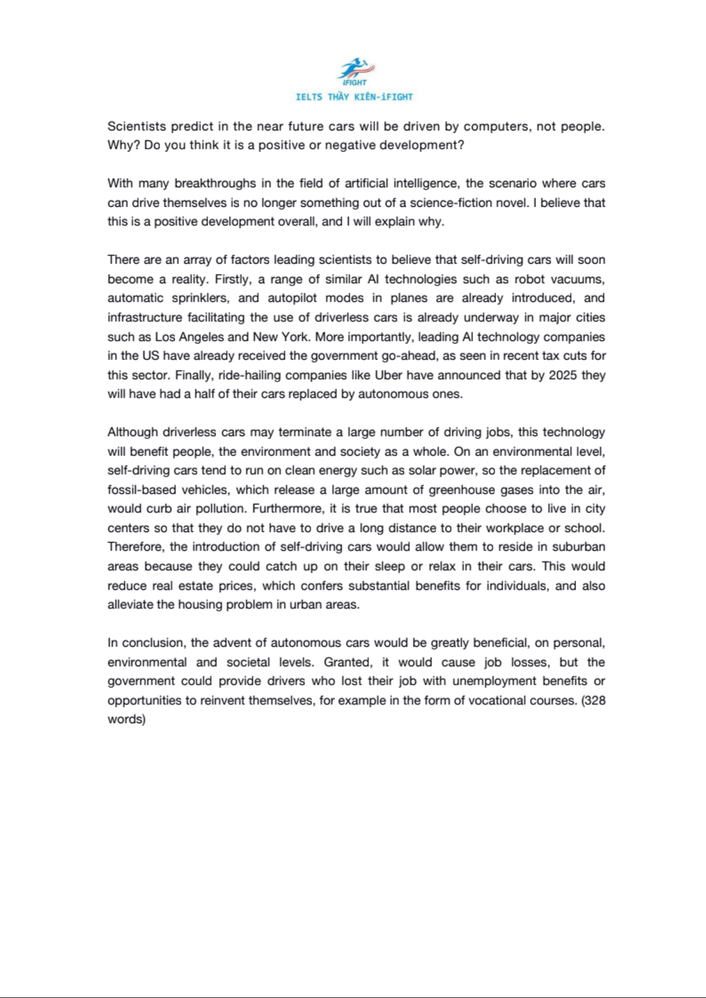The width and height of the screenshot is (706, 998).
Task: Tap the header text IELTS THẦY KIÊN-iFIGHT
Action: (354, 97)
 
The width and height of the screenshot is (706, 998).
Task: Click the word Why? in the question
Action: (123, 146)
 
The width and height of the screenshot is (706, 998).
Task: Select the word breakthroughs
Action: (215, 184)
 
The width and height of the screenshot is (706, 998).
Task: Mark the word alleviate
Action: (130, 605)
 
